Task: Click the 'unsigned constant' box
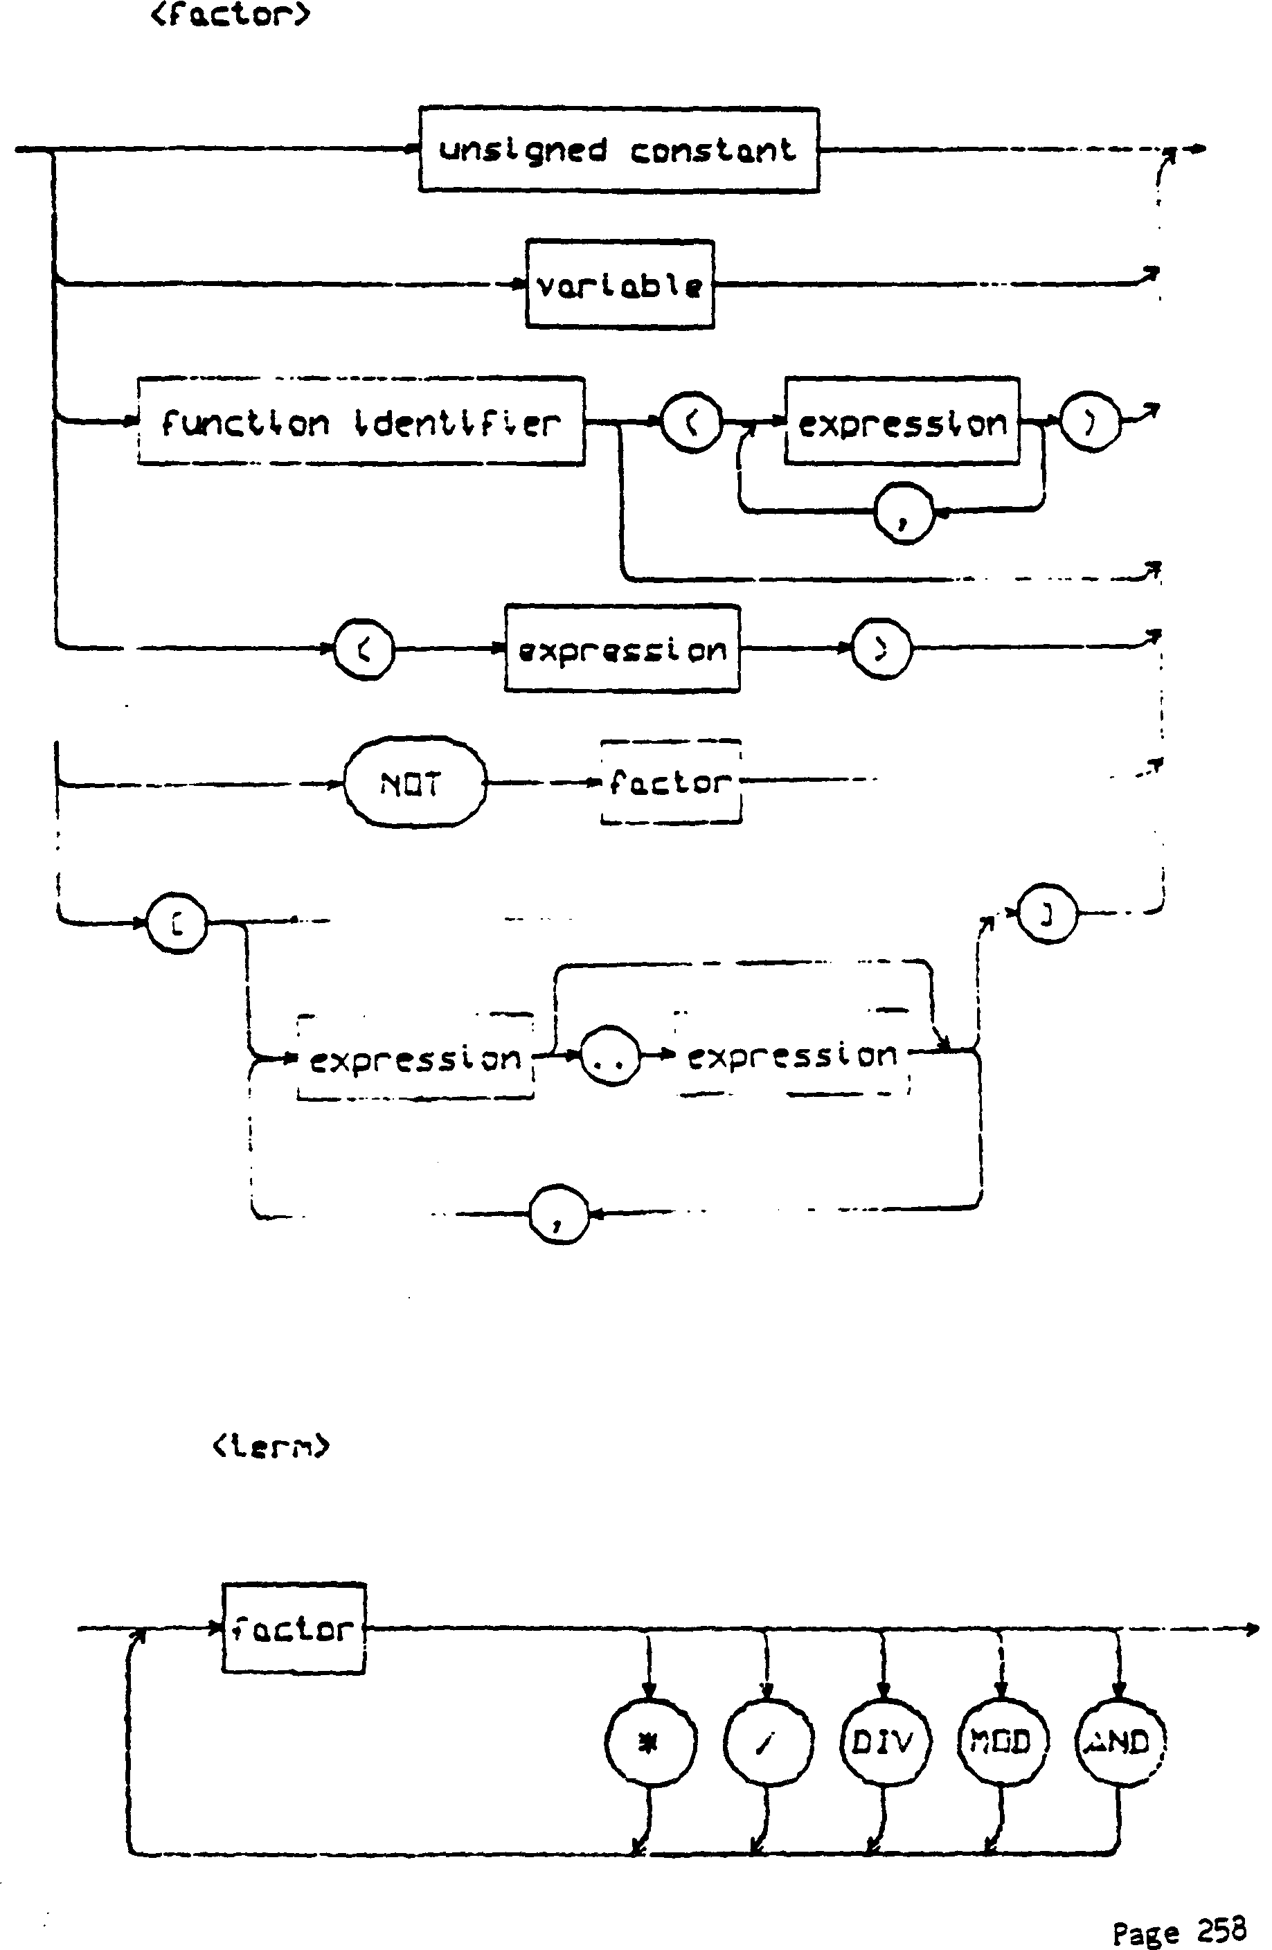[x=618, y=150]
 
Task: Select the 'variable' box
[x=619, y=285]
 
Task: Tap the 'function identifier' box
[x=361, y=422]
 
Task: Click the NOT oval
[x=413, y=782]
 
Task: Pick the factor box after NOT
[x=671, y=782]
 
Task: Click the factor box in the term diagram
[x=294, y=1628]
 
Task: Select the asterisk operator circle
[x=650, y=1741]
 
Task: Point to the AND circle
[x=1119, y=1741]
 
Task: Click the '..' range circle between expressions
[x=610, y=1057]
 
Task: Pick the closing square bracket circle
[x=1047, y=914]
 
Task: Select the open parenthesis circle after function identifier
[x=692, y=422]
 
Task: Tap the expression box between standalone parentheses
[x=622, y=649]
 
